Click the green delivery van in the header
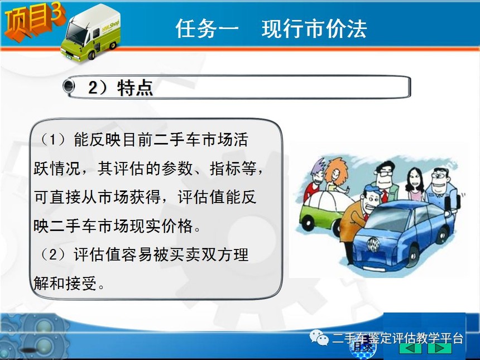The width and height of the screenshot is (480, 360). point(91,33)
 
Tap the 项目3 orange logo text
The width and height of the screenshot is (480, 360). point(34,22)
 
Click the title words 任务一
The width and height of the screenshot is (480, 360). point(207,28)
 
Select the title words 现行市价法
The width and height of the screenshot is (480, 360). point(314,28)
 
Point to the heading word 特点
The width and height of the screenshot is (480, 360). point(135,88)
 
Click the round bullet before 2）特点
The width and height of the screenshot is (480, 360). point(69,85)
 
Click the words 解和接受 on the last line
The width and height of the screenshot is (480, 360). point(65,283)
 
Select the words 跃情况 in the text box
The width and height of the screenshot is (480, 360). point(57,169)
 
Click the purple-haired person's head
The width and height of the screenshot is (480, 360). point(317,172)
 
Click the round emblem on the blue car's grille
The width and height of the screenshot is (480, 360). point(373,244)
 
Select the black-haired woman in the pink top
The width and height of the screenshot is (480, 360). point(415,184)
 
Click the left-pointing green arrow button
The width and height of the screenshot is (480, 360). point(412,348)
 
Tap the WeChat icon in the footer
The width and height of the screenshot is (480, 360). point(319,337)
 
